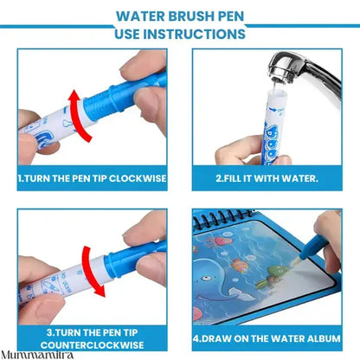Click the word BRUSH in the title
click(x=183, y=15)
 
